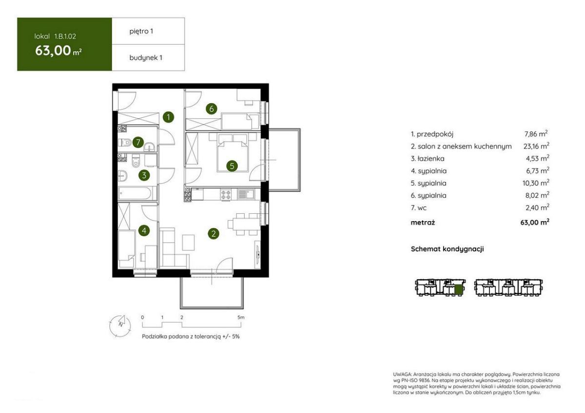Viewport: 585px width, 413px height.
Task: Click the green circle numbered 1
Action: tap(169, 117)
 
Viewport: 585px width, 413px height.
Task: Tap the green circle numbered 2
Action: tap(214, 233)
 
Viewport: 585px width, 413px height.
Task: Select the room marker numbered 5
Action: tap(232, 166)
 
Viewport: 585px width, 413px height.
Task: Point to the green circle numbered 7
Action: tap(138, 142)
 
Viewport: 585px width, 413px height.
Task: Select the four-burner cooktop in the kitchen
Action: tap(226, 195)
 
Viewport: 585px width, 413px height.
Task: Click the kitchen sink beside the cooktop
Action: tap(246, 194)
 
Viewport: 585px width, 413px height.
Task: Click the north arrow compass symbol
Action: tap(120, 326)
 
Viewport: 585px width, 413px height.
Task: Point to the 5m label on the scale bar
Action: tap(241, 318)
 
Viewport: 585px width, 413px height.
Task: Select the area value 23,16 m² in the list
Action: tap(536, 146)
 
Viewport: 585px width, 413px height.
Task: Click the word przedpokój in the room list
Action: tap(435, 134)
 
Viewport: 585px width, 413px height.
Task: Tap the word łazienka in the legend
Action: tap(431, 159)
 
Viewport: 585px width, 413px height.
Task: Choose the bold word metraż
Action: tap(423, 223)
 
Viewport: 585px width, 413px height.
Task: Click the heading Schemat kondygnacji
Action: tap(448, 249)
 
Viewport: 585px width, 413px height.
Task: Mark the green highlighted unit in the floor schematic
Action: tap(458, 290)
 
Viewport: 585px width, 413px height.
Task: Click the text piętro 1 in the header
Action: tap(141, 32)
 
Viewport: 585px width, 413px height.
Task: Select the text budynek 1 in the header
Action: tap(146, 57)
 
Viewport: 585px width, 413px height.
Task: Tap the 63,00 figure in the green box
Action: tap(53, 51)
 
